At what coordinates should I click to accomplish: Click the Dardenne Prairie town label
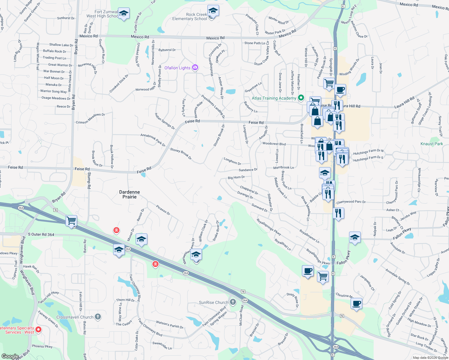click(x=129, y=194)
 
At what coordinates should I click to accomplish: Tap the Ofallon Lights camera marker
click(x=195, y=67)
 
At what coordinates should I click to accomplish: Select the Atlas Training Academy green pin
click(x=301, y=98)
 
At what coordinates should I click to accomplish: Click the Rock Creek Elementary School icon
click(x=213, y=11)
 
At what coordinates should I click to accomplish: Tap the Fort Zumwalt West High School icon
click(x=123, y=13)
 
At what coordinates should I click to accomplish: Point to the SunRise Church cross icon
click(x=233, y=302)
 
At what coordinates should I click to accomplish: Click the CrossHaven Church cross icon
click(x=98, y=316)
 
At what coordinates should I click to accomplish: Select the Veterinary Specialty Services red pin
click(x=38, y=330)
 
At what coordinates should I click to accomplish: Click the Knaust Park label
click(x=432, y=144)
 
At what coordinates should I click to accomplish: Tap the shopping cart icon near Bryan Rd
click(x=71, y=221)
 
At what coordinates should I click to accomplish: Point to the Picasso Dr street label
click(x=163, y=210)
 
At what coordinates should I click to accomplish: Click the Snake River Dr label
click(x=216, y=231)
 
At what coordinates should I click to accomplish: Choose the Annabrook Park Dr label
click(x=153, y=140)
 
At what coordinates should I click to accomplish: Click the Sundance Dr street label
click(x=248, y=170)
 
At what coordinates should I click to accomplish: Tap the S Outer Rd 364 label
click(x=41, y=234)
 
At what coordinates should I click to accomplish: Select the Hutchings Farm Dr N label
click(x=368, y=152)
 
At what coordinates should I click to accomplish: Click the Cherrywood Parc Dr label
click(x=351, y=202)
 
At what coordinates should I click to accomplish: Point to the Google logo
click(x=10, y=356)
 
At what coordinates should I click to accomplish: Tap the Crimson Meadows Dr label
click(x=90, y=118)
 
